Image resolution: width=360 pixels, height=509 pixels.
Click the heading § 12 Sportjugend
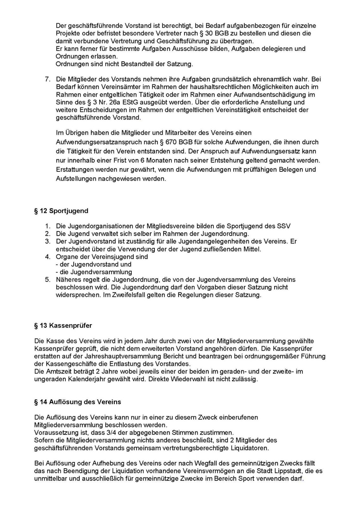point(61,211)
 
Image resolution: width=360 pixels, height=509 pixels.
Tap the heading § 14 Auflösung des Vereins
point(78,402)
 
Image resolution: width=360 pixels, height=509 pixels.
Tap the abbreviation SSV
point(284,226)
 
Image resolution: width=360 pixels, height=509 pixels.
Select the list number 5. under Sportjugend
point(47,280)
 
